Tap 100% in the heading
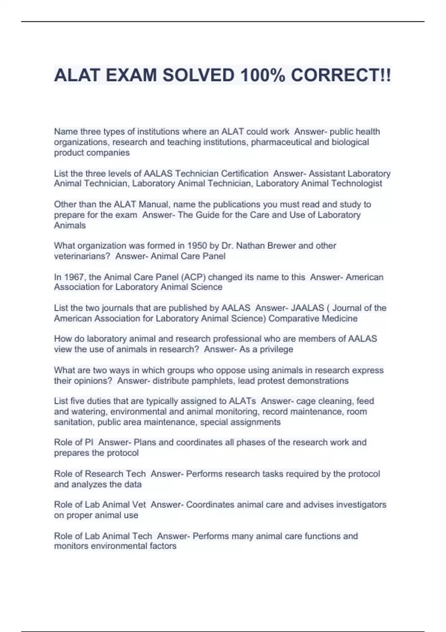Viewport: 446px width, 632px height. pyautogui.click(x=263, y=75)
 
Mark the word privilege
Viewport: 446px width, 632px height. pyautogui.click(x=276, y=349)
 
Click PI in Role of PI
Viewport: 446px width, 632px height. pyautogui.click(x=89, y=442)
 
